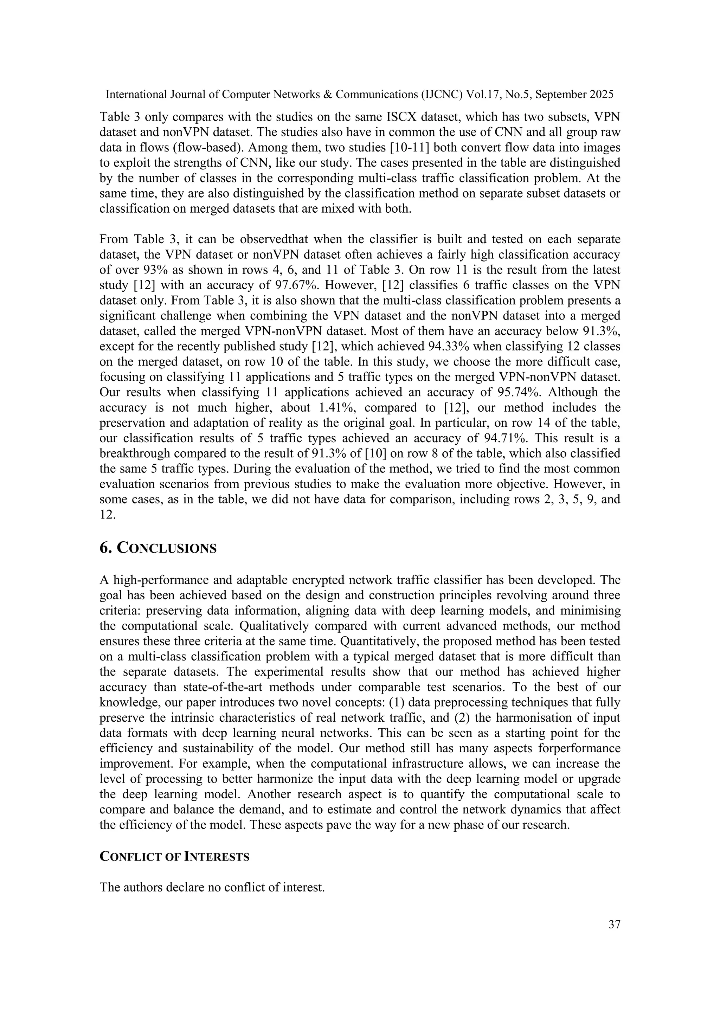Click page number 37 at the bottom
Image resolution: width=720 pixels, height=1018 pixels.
click(614, 924)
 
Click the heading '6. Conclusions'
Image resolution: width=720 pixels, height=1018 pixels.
click(158, 548)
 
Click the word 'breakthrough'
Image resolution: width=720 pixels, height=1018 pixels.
click(141, 453)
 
